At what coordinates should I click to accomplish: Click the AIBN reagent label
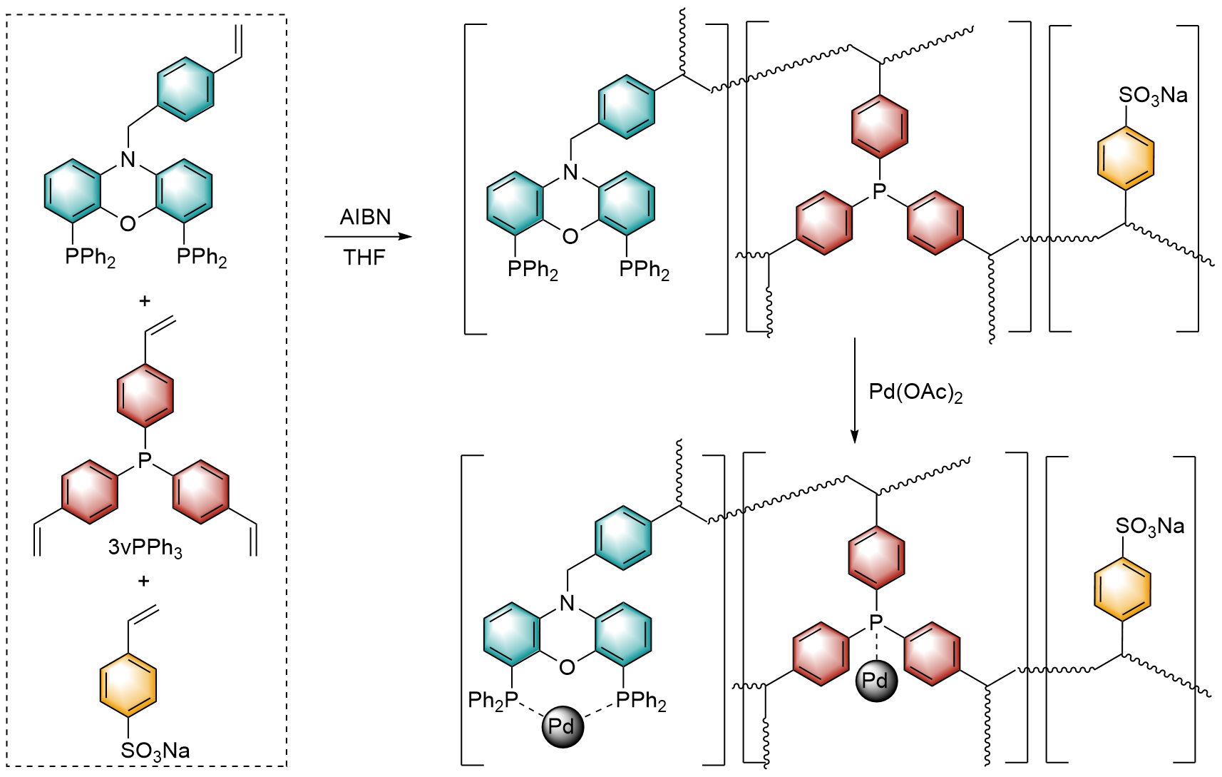(x=365, y=217)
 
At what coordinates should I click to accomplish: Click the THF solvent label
(x=364, y=257)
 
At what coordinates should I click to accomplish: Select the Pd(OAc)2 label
(x=915, y=392)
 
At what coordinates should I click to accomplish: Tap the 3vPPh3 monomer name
(x=145, y=547)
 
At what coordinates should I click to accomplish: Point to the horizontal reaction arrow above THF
(x=368, y=236)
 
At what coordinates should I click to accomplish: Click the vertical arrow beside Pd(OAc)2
(x=854, y=390)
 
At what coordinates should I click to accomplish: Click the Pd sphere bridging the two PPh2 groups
(x=563, y=727)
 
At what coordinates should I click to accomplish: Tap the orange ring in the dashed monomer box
(x=128, y=685)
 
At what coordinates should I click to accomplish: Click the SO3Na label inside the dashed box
(x=155, y=751)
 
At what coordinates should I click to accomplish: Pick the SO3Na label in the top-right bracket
(x=1154, y=96)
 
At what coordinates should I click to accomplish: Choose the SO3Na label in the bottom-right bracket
(x=1150, y=527)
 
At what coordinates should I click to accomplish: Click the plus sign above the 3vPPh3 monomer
(x=145, y=300)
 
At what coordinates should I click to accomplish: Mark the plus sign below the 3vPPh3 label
(x=143, y=580)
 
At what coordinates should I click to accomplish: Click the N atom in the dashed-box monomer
(x=128, y=159)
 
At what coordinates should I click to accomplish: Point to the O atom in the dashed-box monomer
(x=128, y=223)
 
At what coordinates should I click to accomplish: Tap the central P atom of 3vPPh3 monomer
(x=145, y=459)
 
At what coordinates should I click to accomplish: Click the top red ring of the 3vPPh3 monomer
(x=145, y=395)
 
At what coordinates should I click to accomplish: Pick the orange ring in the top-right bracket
(x=1126, y=158)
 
